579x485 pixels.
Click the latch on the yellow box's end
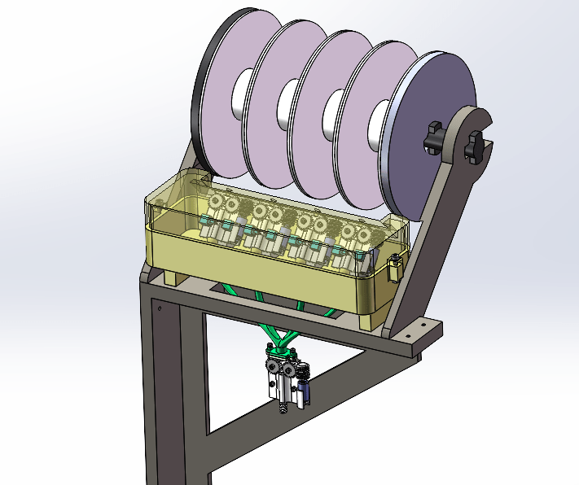click(395, 268)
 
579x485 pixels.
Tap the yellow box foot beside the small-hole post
click(172, 276)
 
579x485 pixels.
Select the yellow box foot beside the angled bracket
click(368, 321)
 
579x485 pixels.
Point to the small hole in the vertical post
click(160, 308)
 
